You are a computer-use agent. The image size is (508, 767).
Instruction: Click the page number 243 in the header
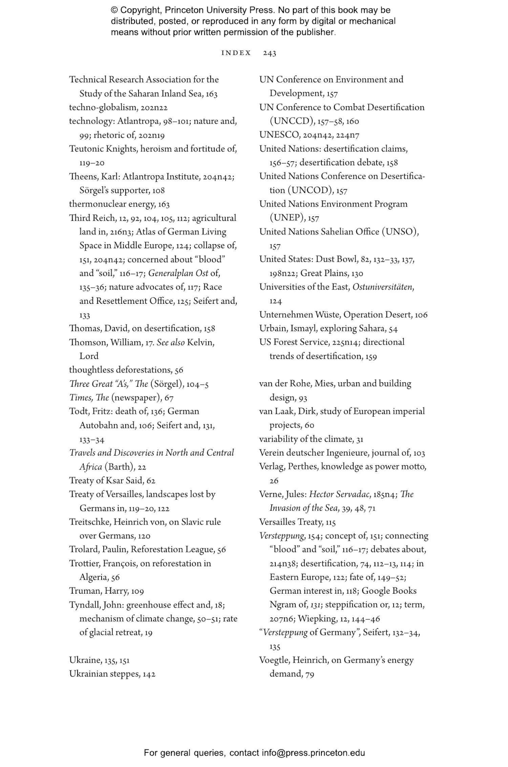(269, 53)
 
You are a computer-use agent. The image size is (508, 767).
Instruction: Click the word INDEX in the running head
(236, 53)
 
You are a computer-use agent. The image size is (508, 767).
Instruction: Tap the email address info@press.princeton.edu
(313, 753)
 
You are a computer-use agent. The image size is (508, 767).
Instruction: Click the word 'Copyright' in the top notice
(139, 10)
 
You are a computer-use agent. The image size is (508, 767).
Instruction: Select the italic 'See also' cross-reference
(170, 342)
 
